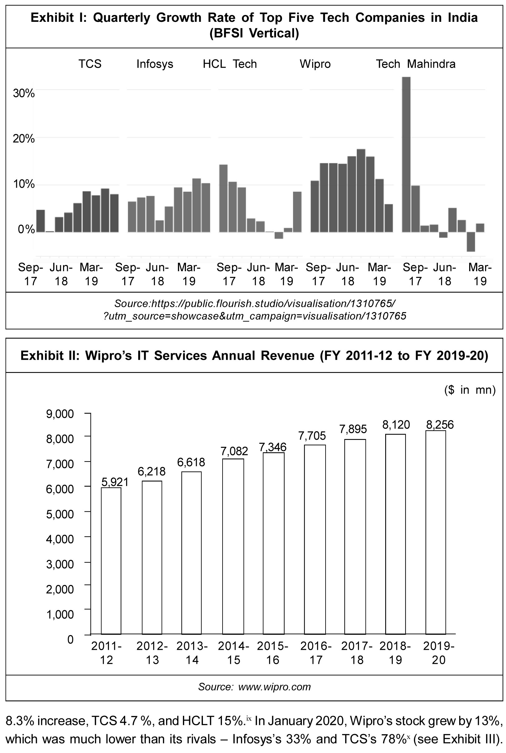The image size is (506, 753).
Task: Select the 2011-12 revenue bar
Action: pos(111,561)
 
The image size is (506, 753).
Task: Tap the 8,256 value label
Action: pos(440,425)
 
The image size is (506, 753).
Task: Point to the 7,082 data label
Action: pos(234,451)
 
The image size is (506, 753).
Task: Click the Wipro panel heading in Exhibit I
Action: pos(315,64)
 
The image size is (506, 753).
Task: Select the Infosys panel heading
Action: pos(155,64)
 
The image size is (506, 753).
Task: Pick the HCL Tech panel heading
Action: pos(229,64)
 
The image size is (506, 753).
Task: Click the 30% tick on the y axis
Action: pos(23,93)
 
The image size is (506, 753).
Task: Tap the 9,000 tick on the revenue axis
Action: pos(60,413)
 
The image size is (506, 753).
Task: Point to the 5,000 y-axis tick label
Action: pos(60,514)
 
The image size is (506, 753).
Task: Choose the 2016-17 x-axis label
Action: pos(316,653)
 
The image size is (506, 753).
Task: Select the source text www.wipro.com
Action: pos(274,687)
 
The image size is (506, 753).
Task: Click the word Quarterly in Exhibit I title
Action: pos(121,17)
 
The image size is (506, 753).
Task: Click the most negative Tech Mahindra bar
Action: pos(471,241)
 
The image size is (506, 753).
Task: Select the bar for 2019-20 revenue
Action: pos(435,532)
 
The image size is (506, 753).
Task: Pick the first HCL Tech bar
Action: pos(223,198)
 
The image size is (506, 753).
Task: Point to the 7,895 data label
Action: pos(353,429)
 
